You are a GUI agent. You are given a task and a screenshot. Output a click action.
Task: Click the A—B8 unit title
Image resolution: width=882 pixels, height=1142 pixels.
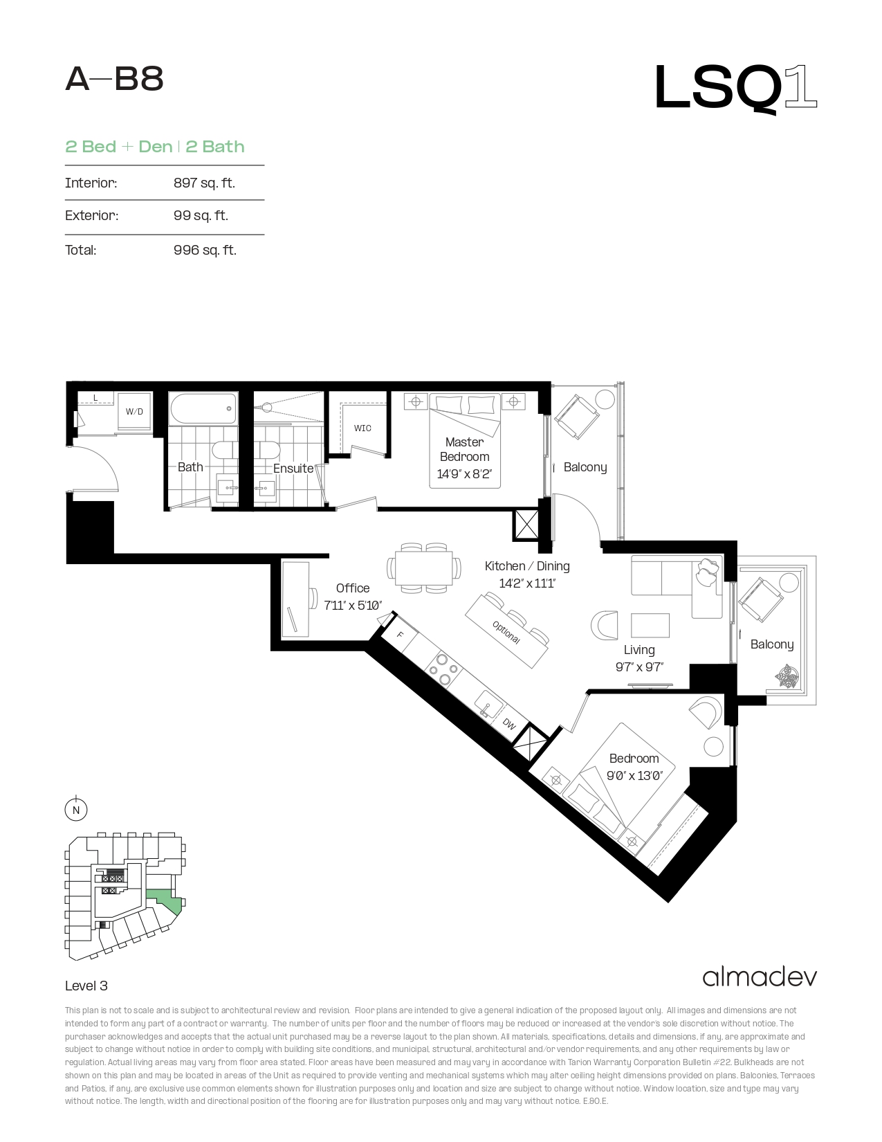click(x=114, y=80)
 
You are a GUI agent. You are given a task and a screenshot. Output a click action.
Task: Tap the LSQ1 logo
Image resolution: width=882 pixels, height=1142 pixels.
click(x=735, y=89)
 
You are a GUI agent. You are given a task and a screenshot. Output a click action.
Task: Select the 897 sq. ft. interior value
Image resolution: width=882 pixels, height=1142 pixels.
click(x=204, y=183)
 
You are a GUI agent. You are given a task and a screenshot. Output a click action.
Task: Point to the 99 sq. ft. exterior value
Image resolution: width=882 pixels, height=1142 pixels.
click(x=201, y=215)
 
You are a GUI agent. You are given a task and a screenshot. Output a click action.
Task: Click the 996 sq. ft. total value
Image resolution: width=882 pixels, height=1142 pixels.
click(x=205, y=250)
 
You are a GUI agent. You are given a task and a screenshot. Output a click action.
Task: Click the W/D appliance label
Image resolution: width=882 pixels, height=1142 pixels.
click(x=134, y=412)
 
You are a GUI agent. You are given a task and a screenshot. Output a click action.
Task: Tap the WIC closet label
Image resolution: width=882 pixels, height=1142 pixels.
click(x=362, y=428)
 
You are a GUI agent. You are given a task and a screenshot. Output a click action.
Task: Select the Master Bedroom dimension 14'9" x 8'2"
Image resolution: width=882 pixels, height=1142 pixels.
click(x=464, y=474)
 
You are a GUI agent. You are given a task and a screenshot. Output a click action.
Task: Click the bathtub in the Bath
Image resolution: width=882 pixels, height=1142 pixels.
click(x=203, y=409)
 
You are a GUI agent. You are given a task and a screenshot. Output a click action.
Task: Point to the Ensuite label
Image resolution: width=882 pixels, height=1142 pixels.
click(x=293, y=469)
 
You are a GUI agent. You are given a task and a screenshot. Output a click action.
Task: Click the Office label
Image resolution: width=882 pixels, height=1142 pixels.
click(x=353, y=588)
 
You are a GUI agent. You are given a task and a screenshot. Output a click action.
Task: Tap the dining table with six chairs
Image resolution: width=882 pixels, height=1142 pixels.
click(x=424, y=568)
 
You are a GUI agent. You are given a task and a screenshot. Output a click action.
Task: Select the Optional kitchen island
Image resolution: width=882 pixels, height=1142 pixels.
click(x=507, y=631)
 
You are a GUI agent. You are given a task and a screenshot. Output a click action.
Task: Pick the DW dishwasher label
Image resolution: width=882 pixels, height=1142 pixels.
click(x=509, y=724)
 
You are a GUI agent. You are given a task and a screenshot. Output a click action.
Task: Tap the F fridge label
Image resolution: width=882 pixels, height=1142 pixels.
click(x=400, y=635)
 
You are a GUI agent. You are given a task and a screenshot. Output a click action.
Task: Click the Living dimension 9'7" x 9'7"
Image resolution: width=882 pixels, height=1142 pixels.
click(x=639, y=667)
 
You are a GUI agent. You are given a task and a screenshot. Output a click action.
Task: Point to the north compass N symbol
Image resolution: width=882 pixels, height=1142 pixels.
click(x=76, y=810)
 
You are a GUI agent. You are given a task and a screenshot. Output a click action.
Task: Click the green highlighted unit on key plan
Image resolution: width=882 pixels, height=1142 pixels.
click(x=165, y=900)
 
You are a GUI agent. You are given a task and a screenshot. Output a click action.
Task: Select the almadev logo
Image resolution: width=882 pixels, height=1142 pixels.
click(x=760, y=977)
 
